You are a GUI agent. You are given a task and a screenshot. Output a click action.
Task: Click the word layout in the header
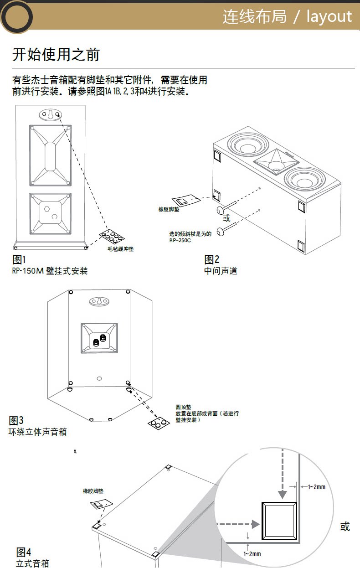click(x=329, y=17)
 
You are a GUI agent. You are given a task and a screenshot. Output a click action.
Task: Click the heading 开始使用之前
click(x=56, y=55)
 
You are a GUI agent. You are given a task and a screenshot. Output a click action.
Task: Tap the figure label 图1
click(x=19, y=260)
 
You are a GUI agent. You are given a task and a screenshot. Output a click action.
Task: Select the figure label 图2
click(x=212, y=259)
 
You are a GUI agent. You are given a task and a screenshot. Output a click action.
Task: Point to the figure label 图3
click(x=16, y=420)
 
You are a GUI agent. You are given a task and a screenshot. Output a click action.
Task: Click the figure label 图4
click(x=24, y=552)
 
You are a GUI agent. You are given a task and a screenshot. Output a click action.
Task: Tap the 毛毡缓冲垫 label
click(x=121, y=249)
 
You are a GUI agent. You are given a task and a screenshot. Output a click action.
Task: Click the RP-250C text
click(x=180, y=240)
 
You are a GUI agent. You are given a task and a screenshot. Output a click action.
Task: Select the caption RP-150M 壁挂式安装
click(x=50, y=271)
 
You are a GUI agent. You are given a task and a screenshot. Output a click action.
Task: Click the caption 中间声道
click(x=221, y=271)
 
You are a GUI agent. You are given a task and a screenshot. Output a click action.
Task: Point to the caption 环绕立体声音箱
click(x=37, y=432)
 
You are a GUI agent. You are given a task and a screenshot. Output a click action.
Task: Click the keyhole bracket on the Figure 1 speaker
click(x=51, y=115)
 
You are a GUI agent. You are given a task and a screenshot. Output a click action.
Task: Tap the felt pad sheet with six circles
click(x=112, y=236)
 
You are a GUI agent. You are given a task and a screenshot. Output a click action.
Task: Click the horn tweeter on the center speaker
click(x=276, y=162)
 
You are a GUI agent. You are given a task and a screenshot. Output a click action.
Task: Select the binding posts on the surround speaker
click(x=99, y=340)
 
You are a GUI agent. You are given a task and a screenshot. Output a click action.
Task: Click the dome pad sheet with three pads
click(x=159, y=423)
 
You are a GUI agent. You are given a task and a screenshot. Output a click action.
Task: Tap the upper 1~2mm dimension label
click(x=317, y=487)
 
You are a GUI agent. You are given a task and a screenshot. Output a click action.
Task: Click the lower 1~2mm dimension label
click(x=252, y=554)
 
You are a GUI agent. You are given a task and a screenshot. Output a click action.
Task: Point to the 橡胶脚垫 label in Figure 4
click(x=93, y=491)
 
